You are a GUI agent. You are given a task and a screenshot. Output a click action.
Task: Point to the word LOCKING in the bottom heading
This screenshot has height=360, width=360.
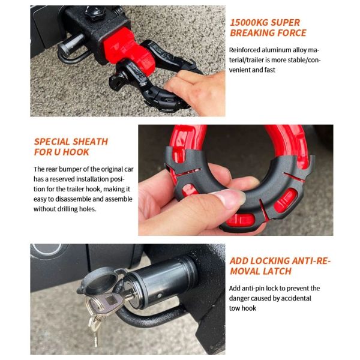pyautogui.click(x=267, y=261)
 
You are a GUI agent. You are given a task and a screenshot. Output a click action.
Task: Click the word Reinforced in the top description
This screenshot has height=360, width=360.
pyautogui.click(x=245, y=50)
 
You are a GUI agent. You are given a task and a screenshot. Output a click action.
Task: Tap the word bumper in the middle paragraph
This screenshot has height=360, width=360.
pyautogui.click(x=70, y=169)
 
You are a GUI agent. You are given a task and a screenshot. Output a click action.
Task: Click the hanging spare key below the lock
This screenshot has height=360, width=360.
pyautogui.click(x=95, y=331)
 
